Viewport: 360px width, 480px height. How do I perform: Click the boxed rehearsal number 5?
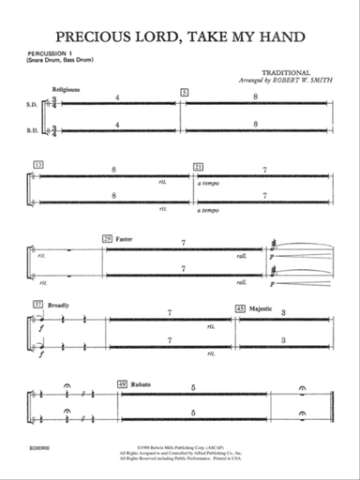pyautogui.click(x=185, y=91)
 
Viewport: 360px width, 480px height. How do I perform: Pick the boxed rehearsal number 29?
pyautogui.click(x=109, y=240)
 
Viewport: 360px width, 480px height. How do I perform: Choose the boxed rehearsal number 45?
pyautogui.click(x=240, y=307)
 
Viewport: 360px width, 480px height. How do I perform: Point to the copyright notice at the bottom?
pyautogui.click(x=180, y=457)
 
